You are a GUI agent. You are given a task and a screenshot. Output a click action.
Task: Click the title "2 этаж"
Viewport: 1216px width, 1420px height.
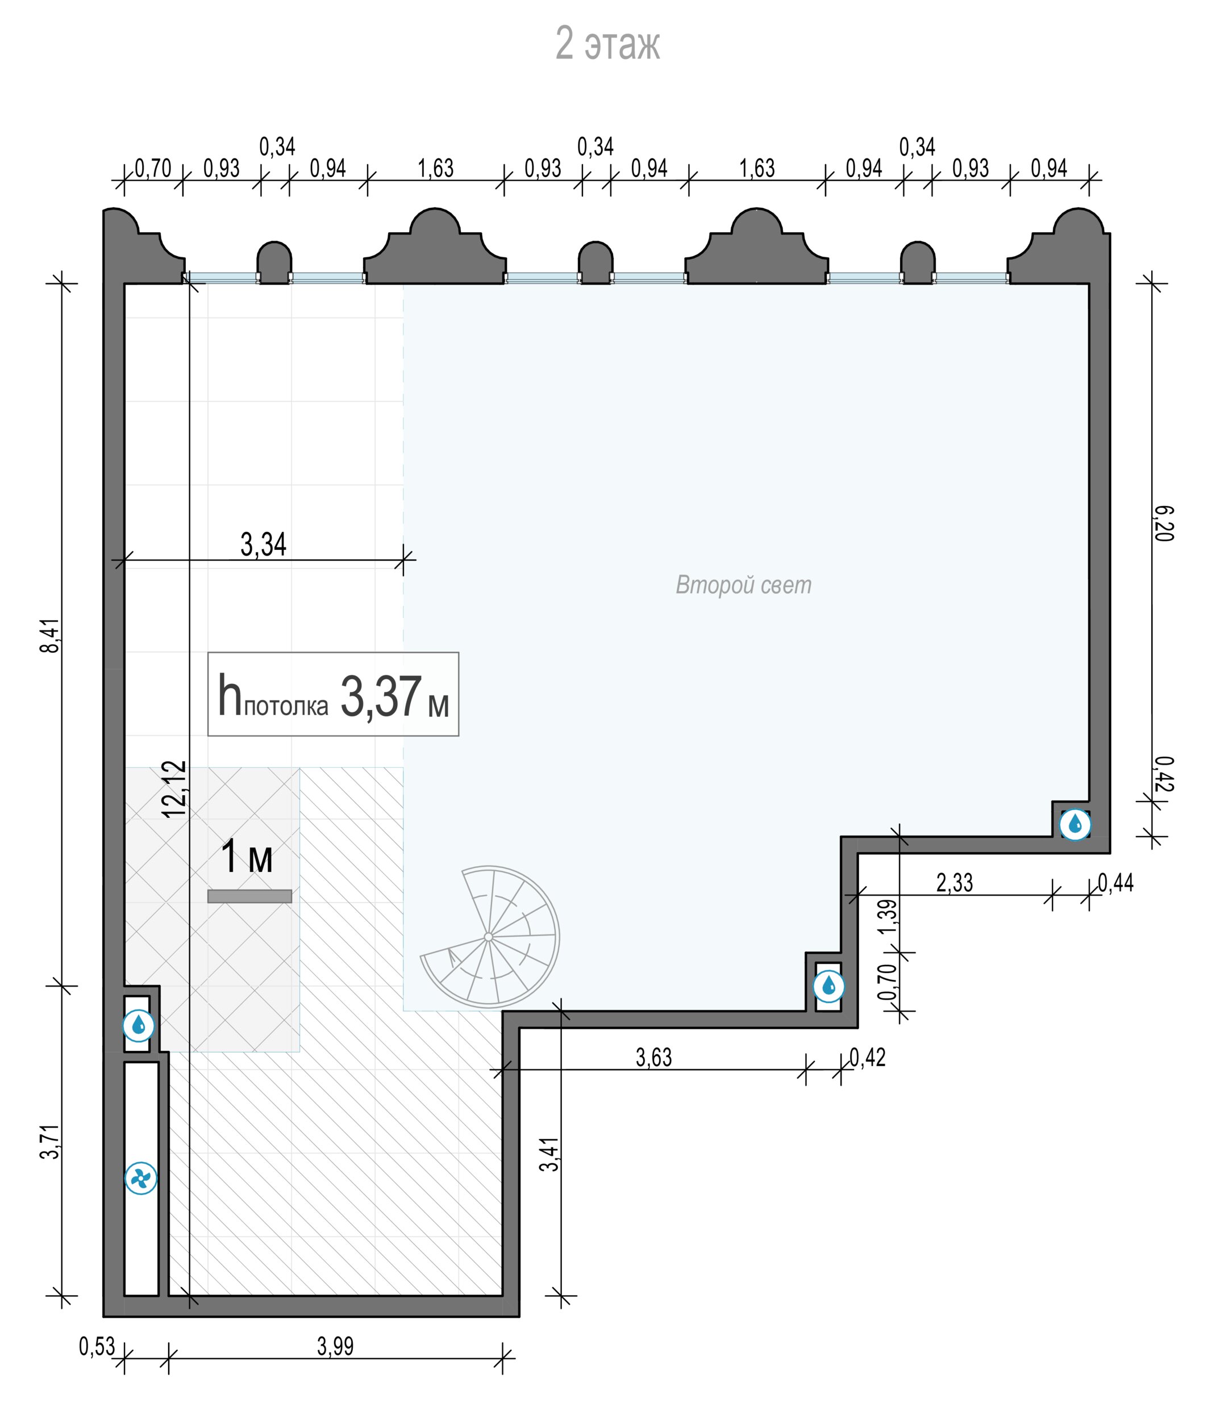coord(607,45)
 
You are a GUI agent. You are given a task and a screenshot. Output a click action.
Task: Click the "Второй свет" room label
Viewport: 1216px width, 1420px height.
coord(743,585)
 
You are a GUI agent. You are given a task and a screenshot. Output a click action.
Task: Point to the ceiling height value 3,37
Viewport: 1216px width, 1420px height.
coord(381,696)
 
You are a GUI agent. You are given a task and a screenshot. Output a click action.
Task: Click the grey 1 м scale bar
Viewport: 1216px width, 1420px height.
coord(249,896)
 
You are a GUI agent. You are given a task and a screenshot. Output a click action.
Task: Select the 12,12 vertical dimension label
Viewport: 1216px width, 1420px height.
coord(175,788)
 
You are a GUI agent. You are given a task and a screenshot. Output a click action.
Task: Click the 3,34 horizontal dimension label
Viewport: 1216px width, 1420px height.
coord(263,545)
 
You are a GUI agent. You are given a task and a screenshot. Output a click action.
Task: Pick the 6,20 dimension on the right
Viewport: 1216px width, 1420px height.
coord(1164,524)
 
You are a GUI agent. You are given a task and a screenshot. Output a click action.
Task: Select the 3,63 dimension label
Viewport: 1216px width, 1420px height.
coord(654,1057)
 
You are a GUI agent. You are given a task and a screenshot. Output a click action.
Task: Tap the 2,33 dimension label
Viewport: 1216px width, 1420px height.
coord(955,882)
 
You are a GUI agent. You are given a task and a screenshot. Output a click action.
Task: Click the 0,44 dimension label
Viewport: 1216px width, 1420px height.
coord(1116,882)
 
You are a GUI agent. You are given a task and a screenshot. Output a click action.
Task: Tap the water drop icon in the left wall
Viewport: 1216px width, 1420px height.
coord(139,1025)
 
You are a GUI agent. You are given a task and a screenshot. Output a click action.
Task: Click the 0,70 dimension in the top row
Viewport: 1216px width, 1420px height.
coord(152,169)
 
